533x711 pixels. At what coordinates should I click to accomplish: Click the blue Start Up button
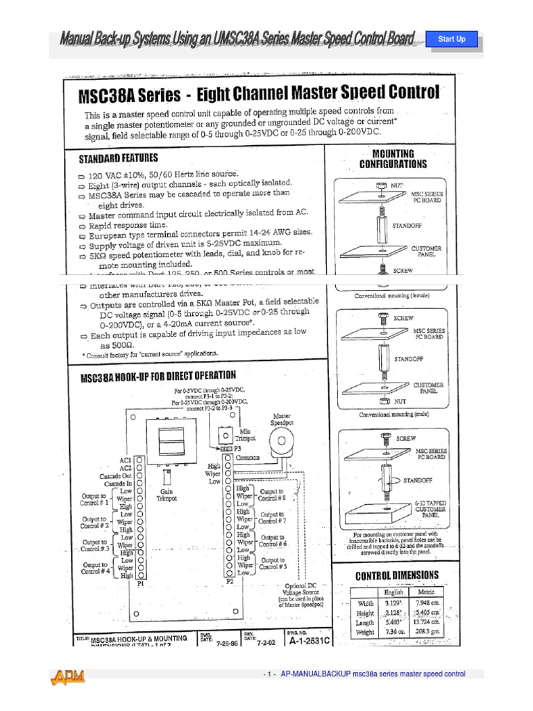click(x=452, y=39)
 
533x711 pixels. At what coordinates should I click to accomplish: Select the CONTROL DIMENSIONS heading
click(x=396, y=576)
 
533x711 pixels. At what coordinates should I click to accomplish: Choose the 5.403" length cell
click(x=392, y=622)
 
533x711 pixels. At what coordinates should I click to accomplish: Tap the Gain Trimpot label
click(x=167, y=494)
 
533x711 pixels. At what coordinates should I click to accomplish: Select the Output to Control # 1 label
click(x=94, y=499)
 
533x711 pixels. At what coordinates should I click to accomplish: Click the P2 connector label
click(x=230, y=581)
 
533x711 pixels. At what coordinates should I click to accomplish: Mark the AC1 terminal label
click(x=125, y=460)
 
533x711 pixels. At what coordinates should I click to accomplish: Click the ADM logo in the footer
click(x=69, y=676)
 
